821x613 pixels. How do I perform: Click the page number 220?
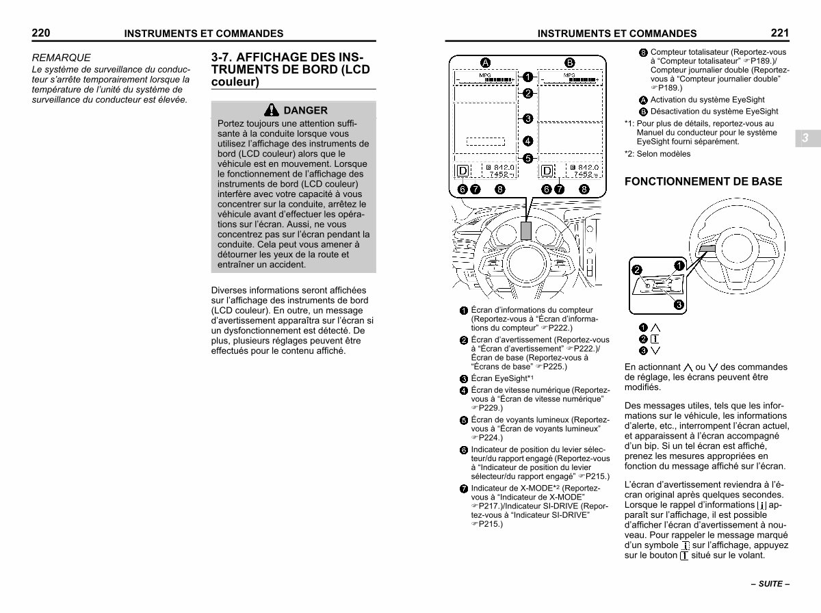coord(41,31)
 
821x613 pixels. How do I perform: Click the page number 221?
coord(779,31)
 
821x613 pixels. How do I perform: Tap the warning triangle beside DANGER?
coord(272,110)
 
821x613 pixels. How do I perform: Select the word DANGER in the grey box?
coord(305,110)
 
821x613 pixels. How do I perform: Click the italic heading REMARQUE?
coord(61,58)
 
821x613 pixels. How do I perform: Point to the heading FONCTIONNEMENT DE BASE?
coord(703,182)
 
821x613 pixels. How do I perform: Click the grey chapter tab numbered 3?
coord(805,138)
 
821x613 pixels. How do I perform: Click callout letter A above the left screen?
coord(485,62)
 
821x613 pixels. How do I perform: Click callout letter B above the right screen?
coord(569,62)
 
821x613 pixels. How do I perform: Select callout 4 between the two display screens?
coord(527,142)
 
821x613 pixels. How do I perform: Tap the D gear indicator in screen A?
coord(463,171)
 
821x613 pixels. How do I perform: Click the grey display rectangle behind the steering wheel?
coord(525,231)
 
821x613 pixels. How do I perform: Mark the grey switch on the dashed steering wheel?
coord(707,249)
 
